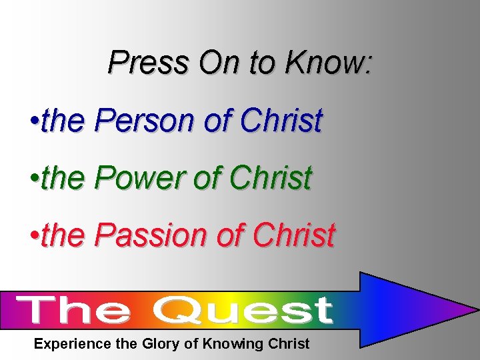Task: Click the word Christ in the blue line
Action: coord(281,121)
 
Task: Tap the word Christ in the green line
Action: coord(271,178)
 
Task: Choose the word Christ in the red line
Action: coord(294,235)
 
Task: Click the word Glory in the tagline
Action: coord(161,344)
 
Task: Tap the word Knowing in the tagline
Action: coord(230,344)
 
